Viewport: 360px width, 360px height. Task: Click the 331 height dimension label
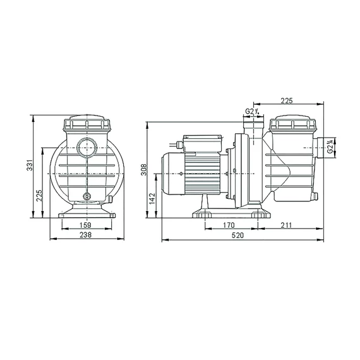point(30,165)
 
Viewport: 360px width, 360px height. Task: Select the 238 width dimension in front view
point(85,235)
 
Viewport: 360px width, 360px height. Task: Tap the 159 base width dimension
point(85,225)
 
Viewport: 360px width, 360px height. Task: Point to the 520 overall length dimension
point(237,236)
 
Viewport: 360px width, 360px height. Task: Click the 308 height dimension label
point(144,170)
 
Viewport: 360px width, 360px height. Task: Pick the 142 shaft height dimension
point(152,199)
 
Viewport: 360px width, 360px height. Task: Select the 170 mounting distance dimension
point(229,225)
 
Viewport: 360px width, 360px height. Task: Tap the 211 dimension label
point(285,225)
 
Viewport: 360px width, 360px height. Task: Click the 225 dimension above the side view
point(287,100)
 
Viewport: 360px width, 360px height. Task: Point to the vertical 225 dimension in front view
point(39,195)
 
